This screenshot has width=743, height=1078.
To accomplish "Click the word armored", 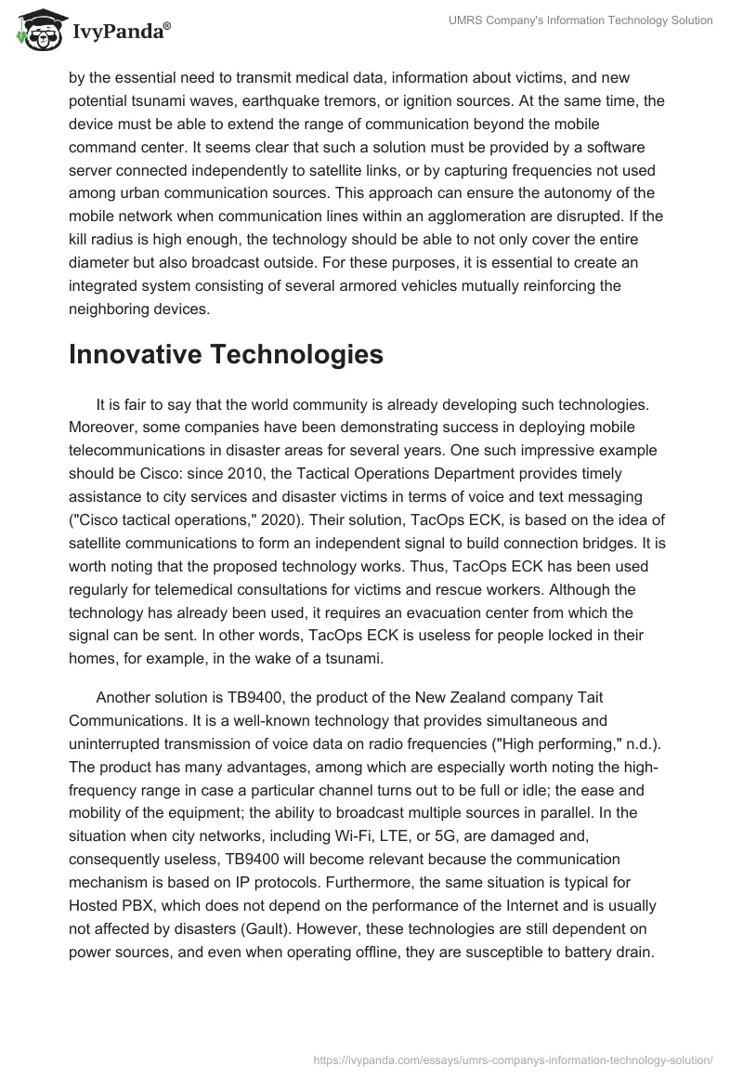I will point(374,285).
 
